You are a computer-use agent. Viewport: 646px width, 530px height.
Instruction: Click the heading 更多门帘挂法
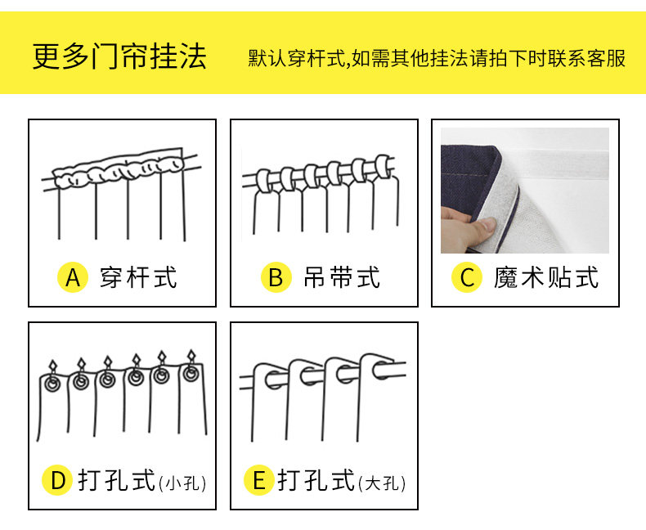pos(119,56)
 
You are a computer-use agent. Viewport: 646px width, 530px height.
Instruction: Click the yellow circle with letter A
pos(73,278)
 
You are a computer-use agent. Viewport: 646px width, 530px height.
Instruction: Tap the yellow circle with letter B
pos(276,278)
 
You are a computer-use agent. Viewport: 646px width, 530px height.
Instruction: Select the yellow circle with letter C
pos(467,278)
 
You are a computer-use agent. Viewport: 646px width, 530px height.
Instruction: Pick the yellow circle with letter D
pos(57,481)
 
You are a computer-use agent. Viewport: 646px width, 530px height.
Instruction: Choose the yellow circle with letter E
pos(259,481)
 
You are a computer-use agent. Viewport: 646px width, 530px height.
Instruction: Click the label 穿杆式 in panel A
pos(138,278)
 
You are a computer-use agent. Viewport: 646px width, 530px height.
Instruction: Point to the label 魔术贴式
pos(546,278)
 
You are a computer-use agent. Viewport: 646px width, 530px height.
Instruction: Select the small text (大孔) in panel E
pos(382,483)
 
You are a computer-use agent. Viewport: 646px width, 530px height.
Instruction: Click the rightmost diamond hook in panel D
pos(192,357)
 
